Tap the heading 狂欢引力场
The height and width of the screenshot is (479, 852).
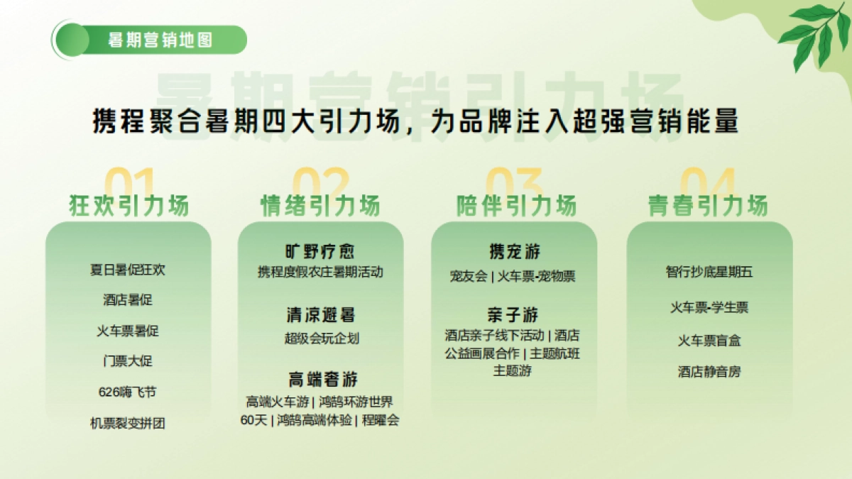[129, 206]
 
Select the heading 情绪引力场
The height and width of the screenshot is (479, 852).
[320, 206]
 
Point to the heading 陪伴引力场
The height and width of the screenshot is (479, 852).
[515, 206]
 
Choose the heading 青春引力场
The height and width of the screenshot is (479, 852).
[707, 206]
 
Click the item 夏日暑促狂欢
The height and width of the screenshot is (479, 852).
[128, 270]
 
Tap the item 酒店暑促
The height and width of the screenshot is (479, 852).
[128, 300]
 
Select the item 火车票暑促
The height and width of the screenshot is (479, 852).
[128, 331]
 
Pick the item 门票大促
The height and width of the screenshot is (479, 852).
[128, 361]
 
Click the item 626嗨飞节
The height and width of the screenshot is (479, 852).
[128, 392]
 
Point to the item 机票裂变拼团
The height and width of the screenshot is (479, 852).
[128, 423]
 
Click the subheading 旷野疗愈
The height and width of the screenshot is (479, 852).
[319, 252]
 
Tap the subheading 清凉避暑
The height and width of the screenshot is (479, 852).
[319, 315]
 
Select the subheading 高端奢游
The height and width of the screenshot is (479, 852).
[319, 379]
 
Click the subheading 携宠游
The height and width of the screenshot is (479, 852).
[515, 252]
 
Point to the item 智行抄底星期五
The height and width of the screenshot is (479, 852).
[709, 272]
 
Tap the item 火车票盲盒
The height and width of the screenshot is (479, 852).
[709, 341]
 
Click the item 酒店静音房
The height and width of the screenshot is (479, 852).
[709, 371]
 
